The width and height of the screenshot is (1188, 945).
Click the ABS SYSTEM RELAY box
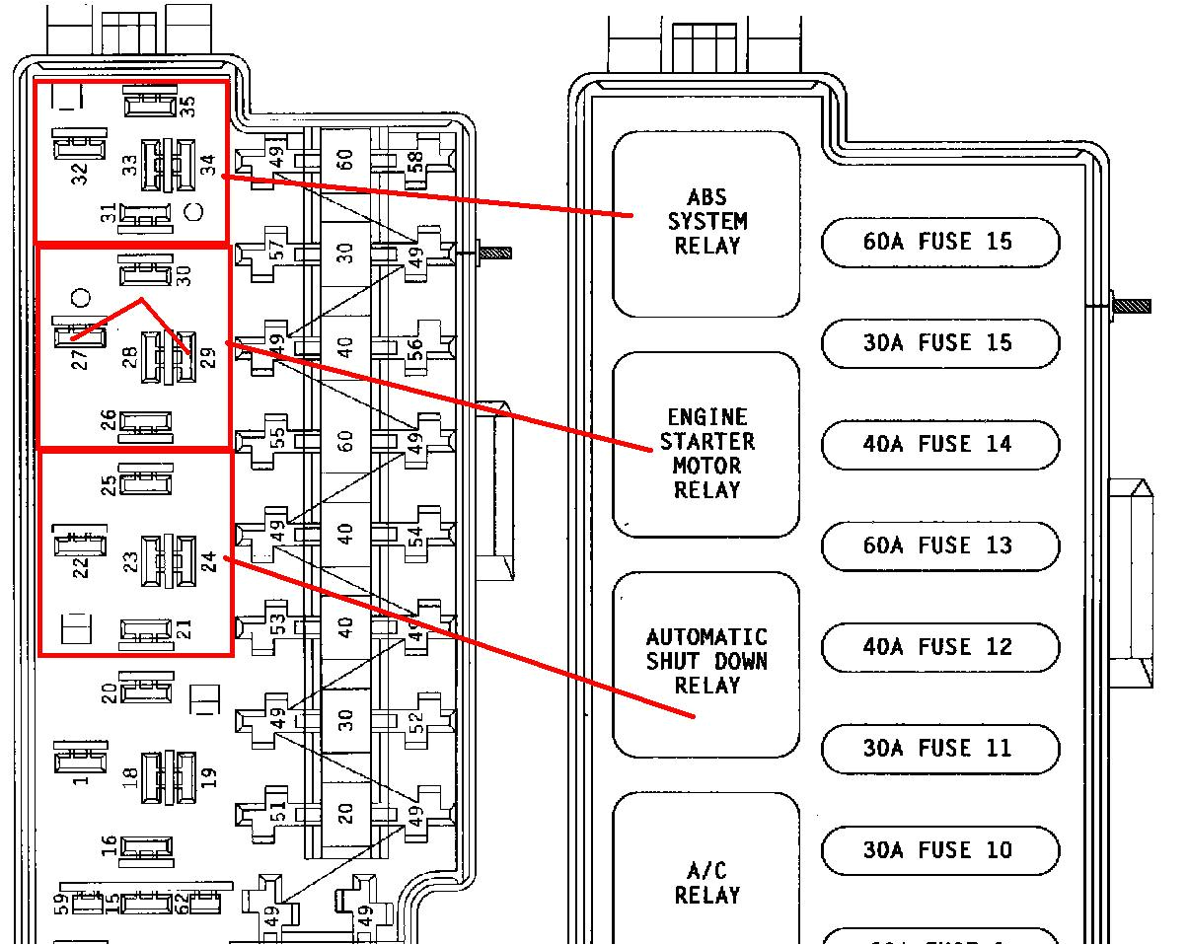(x=706, y=223)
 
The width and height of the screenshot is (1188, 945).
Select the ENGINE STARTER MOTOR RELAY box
(x=706, y=444)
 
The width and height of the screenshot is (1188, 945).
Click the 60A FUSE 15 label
(x=939, y=243)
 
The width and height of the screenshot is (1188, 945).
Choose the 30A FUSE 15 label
(x=939, y=343)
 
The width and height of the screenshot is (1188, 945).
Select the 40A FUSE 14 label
(x=939, y=445)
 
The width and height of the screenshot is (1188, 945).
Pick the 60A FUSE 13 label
(x=939, y=545)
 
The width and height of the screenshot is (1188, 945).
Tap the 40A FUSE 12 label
(x=939, y=647)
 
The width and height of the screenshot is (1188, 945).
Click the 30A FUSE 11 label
(x=939, y=749)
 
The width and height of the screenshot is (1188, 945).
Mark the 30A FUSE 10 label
(x=939, y=850)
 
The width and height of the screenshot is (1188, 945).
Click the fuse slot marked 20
(x=344, y=813)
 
